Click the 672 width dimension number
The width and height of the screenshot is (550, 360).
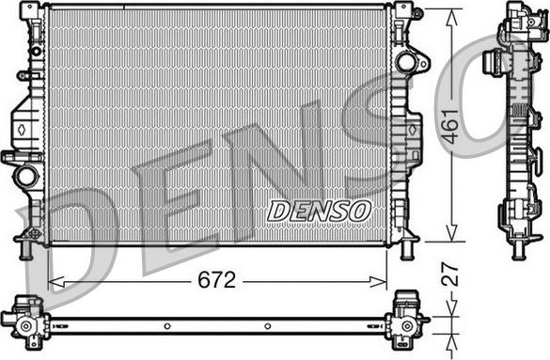click(x=217, y=281)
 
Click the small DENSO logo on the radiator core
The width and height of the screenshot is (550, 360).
click(x=320, y=211)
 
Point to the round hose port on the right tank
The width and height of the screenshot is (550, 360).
click(x=407, y=63)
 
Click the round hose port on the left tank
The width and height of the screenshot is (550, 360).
click(x=26, y=175)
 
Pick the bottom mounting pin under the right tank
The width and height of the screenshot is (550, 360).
click(x=407, y=251)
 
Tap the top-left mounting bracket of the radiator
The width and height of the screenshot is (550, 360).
click(x=34, y=11)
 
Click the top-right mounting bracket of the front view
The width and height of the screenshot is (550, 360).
click(x=404, y=11)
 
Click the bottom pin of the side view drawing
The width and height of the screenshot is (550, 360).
click(x=518, y=251)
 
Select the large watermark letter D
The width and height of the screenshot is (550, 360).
click(x=89, y=230)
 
